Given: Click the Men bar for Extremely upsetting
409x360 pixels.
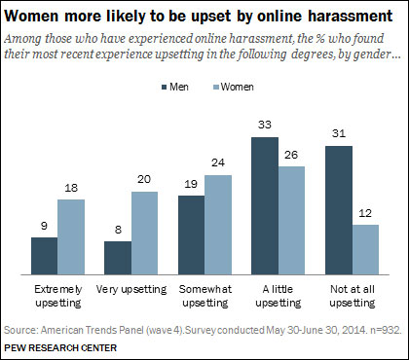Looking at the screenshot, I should pos(44,256).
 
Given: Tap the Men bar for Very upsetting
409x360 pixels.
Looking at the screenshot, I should pos(117,258).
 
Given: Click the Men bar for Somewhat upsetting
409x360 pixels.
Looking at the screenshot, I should pos(191,235).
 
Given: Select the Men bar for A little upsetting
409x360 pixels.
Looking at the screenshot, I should pos(265,206).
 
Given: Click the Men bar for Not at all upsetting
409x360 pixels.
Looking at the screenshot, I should pos(338,210).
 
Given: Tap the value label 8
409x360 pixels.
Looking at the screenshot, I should pos(117,231).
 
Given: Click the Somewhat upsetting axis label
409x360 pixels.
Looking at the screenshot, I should pos(205,295).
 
